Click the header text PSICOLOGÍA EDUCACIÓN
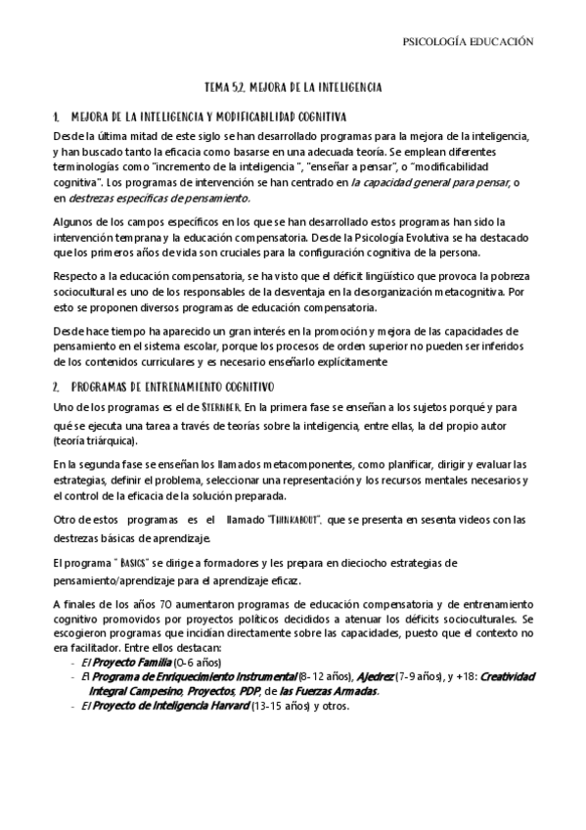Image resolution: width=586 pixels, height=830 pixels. [x=468, y=42]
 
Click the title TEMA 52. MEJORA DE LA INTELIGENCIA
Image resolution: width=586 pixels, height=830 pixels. [x=293, y=87]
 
